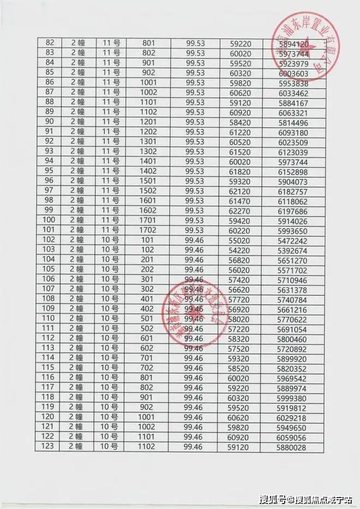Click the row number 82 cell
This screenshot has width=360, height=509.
(52, 43)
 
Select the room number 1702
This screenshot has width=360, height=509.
(148, 231)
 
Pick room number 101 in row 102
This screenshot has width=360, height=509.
(148, 240)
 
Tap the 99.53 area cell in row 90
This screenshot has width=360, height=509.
(195, 122)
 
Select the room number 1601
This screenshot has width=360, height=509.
(148, 201)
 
